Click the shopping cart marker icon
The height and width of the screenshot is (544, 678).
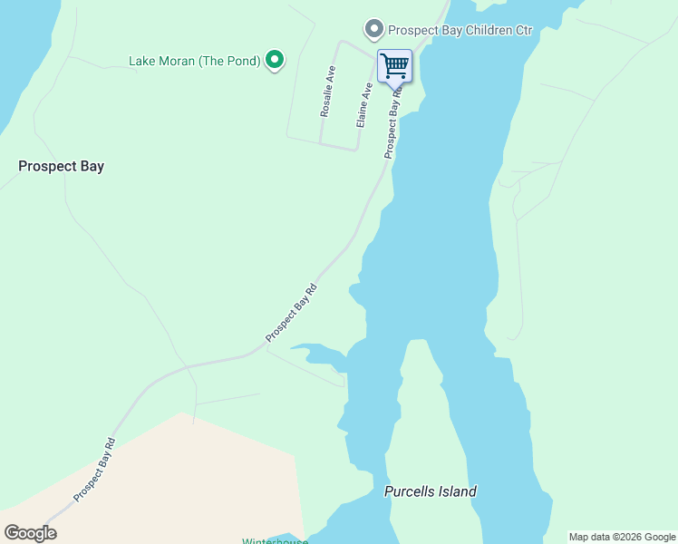point(394,65)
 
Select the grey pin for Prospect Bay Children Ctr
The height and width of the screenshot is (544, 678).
point(373,30)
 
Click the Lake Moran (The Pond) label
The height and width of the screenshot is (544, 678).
point(194,62)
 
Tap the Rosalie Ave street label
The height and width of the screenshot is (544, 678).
point(327,92)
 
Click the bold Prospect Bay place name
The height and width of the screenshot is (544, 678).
point(62,167)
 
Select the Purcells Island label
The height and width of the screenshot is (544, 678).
point(431,492)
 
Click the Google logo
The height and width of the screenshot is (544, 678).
point(31,533)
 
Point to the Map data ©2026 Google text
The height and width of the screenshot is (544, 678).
point(622,537)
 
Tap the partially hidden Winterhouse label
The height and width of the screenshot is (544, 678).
point(275,540)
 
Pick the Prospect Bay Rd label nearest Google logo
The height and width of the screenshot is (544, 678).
point(95,470)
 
